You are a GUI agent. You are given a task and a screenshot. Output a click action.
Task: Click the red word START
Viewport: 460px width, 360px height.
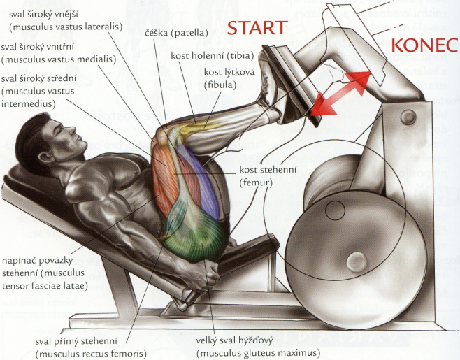[257, 28]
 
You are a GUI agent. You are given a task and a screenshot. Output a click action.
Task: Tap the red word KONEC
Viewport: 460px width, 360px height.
[424, 45]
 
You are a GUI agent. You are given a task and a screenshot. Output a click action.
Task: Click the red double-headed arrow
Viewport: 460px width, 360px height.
[340, 92]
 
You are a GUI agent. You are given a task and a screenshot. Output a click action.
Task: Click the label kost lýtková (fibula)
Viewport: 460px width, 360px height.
[220, 78]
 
